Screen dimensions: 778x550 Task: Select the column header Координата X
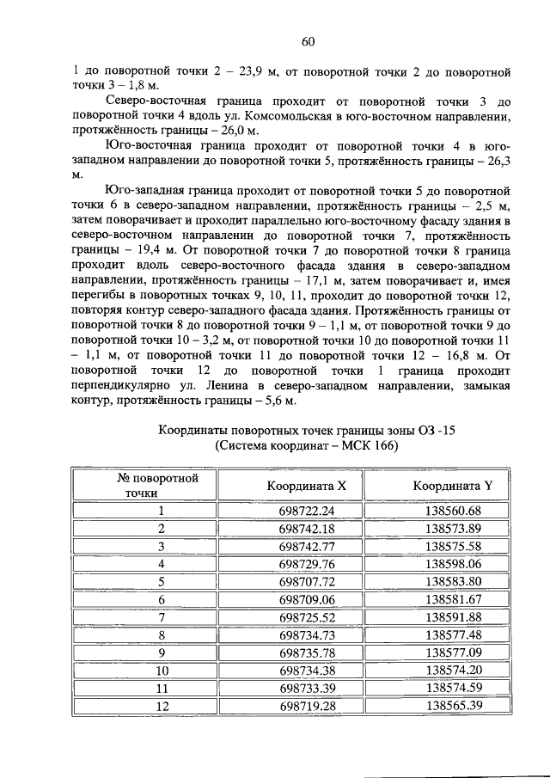pos(307,485)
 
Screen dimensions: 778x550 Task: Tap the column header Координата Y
pos(452,485)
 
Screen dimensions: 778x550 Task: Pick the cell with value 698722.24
pos(307,510)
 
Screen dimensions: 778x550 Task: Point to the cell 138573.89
pos(452,528)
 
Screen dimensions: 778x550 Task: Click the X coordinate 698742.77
pos(307,546)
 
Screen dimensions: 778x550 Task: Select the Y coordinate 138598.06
pos(452,564)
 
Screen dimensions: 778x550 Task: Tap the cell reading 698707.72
pos(307,582)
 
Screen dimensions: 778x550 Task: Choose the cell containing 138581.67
pos(452,600)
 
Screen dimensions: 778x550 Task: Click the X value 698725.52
pos(307,618)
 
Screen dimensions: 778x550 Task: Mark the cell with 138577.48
pos(452,635)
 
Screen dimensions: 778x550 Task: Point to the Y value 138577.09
pos(452,652)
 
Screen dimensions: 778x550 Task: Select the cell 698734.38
pos(307,671)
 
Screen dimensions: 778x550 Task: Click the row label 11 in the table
pos(161,689)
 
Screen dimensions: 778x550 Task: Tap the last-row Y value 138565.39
pos(452,707)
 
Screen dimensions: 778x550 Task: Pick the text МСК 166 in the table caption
pos(370,446)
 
